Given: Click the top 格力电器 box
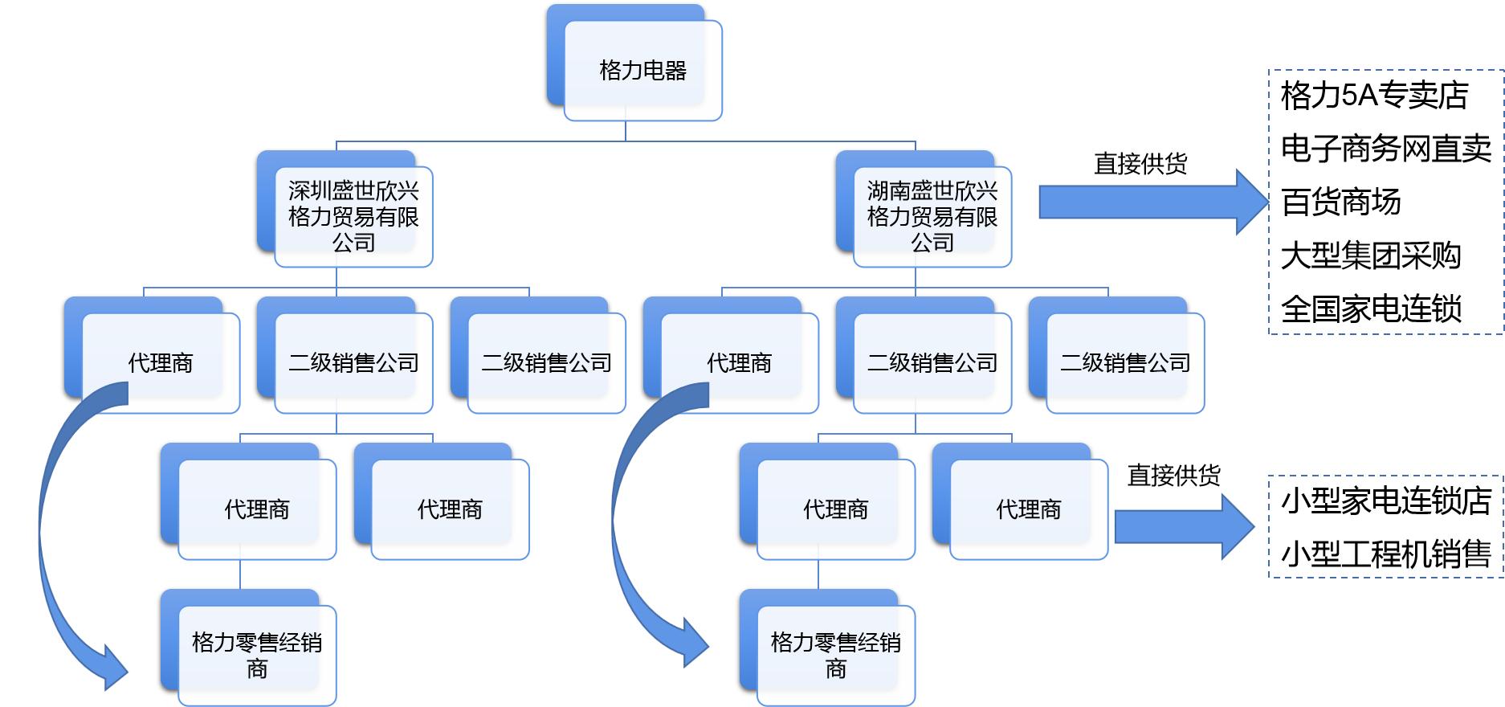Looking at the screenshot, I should (x=642, y=71).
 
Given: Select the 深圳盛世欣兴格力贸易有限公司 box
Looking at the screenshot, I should (x=353, y=217).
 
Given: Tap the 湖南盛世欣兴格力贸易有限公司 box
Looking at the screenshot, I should (x=932, y=217).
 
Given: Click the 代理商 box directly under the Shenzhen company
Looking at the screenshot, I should (x=161, y=363).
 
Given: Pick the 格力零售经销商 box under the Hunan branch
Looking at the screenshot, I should (x=835, y=656).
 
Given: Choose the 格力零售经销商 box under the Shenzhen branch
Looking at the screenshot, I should (x=257, y=656).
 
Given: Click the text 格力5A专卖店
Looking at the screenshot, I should (x=1374, y=96).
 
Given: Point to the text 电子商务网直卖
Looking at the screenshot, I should (x=1385, y=149).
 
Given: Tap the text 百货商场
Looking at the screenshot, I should (x=1340, y=202).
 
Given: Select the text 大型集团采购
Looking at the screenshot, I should (x=1370, y=255).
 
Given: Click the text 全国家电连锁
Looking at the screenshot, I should (x=1370, y=309).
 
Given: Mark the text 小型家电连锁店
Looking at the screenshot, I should (x=1385, y=501).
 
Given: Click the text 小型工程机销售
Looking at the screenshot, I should (x=1385, y=554).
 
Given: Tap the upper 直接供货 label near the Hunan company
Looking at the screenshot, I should (x=1140, y=164).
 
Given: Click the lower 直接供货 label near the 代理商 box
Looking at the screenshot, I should (x=1173, y=476).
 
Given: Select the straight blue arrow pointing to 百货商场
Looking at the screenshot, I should (x=1148, y=202).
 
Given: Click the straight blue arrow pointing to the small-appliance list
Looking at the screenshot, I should (x=1181, y=527).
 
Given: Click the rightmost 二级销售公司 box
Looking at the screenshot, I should (x=1124, y=363).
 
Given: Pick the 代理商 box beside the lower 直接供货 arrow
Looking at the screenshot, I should (x=1028, y=509).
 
